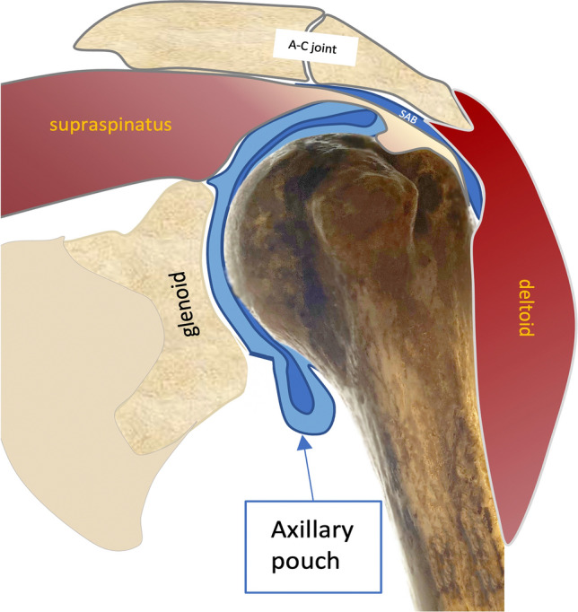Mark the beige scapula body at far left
(x=54, y=359)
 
